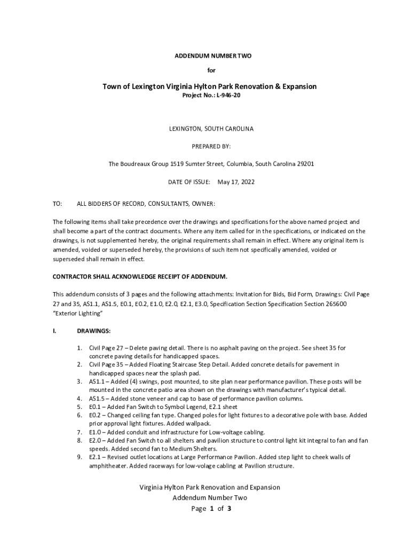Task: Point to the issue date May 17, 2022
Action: click(x=236, y=182)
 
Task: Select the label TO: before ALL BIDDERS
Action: click(x=57, y=204)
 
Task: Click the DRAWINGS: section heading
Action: click(x=93, y=331)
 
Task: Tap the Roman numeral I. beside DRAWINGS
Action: click(x=54, y=331)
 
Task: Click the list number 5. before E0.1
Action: click(x=79, y=406)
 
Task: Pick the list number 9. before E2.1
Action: click(x=79, y=457)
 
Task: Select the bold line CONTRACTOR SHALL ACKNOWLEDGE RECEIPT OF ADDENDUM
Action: click(x=140, y=276)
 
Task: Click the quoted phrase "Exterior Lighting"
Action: click(x=77, y=314)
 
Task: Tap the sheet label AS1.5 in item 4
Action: click(x=97, y=398)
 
